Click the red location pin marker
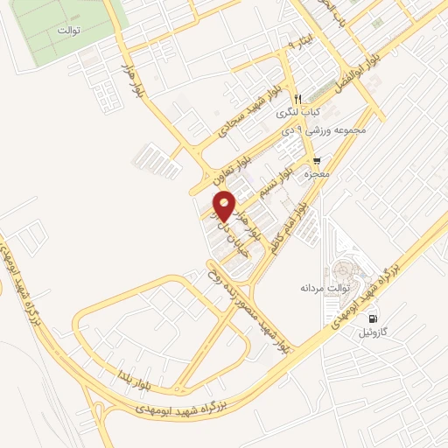point(224,205)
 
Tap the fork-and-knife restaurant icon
point(298,97)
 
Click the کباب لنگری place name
point(298,112)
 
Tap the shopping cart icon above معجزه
point(316,161)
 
